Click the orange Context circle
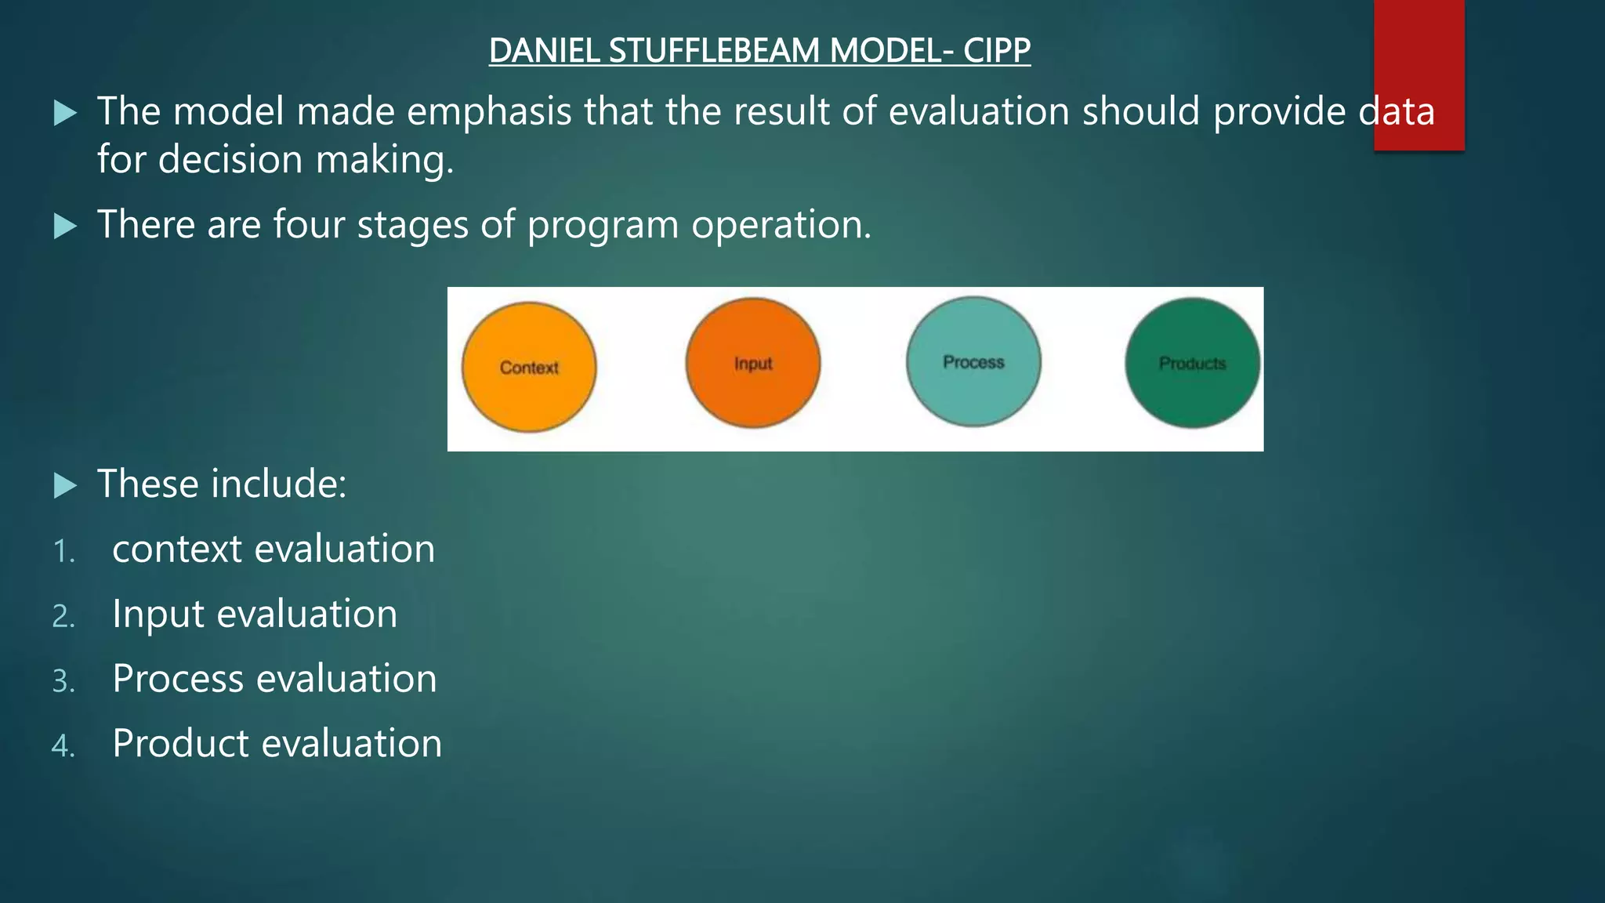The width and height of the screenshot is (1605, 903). pos(529,367)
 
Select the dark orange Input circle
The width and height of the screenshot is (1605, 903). pos(753,363)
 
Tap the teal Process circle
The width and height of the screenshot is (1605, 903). pos(973,361)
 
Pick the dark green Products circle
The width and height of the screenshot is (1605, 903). pos(1192,363)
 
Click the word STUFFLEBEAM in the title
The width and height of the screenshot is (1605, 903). pos(714,51)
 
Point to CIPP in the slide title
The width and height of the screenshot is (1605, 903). pos(997,51)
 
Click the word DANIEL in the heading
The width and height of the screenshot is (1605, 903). pos(545,51)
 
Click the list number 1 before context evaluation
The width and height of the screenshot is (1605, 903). pos(63,552)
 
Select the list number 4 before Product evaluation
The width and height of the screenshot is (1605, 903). pos(63,745)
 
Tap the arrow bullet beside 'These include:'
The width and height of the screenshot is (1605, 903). pos(66,486)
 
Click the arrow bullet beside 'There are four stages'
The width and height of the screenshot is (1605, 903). pos(66,227)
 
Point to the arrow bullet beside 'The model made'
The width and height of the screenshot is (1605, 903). pos(66,114)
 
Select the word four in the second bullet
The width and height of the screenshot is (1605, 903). pos(309,225)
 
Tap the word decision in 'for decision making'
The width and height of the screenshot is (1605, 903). pos(230,160)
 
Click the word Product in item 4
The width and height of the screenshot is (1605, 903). pos(179,744)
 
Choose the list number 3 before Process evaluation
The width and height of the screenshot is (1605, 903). pos(63,681)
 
